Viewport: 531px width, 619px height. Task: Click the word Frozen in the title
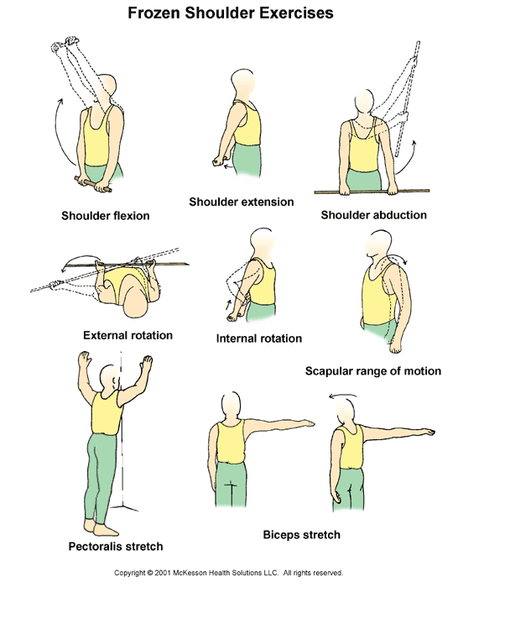154,13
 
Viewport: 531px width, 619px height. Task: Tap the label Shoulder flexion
106,216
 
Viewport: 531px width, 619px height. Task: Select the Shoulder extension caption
242,202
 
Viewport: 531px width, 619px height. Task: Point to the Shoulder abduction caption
373,215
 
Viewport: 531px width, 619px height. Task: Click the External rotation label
128,335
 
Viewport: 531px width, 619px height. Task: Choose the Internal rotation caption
259,338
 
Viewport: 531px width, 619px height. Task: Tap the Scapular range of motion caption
373,371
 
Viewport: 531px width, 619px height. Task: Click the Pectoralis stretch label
116,547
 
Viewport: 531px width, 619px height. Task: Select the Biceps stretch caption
301,534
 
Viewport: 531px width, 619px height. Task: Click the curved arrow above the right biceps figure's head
343,395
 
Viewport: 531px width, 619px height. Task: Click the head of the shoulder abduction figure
363,102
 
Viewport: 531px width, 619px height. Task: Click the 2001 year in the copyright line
163,573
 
